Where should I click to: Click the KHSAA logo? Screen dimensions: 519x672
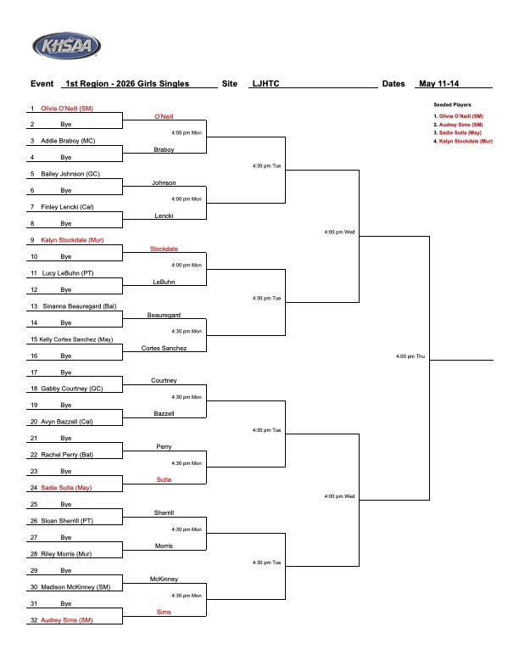[x=66, y=46]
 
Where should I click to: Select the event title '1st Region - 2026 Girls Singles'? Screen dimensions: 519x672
[x=127, y=83]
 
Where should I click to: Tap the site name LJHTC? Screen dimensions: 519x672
[x=265, y=83]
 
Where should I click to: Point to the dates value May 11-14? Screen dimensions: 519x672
[x=438, y=83]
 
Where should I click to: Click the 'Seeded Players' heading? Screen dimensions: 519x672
[x=452, y=104]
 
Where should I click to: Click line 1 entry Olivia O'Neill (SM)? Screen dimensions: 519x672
[x=67, y=109]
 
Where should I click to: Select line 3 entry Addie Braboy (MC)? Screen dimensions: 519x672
[x=68, y=141]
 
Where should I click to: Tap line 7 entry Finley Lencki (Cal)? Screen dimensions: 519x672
[x=67, y=207]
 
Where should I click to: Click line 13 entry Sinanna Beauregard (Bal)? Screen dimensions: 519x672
[x=79, y=306]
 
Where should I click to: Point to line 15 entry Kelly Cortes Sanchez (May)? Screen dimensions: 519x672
[x=76, y=339]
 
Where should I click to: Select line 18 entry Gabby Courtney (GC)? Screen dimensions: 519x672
[x=71, y=389]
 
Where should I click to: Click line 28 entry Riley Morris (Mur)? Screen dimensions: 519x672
[x=66, y=554]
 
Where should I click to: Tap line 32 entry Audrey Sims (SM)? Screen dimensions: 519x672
[x=66, y=620]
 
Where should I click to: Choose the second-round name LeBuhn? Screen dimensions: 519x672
[x=164, y=282]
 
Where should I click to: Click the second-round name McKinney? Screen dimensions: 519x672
[x=164, y=579]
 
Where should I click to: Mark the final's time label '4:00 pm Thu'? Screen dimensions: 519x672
[x=410, y=356]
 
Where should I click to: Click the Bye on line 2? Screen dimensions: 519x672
[x=66, y=124]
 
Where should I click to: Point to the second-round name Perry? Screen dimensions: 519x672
[x=164, y=447]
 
